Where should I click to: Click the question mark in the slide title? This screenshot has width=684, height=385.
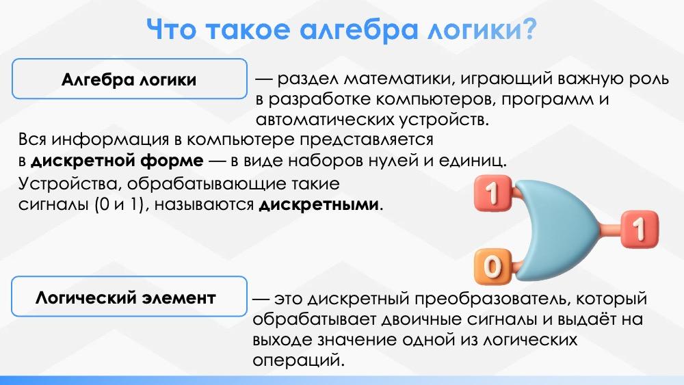[x=528, y=29]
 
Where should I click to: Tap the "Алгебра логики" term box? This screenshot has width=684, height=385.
[x=129, y=79]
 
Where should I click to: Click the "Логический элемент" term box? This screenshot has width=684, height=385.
[x=129, y=297]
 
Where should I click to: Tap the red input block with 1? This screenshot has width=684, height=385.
[x=493, y=193]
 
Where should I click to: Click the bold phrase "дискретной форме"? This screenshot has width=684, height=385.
[x=117, y=161]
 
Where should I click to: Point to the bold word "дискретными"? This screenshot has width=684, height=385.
[x=319, y=204]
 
